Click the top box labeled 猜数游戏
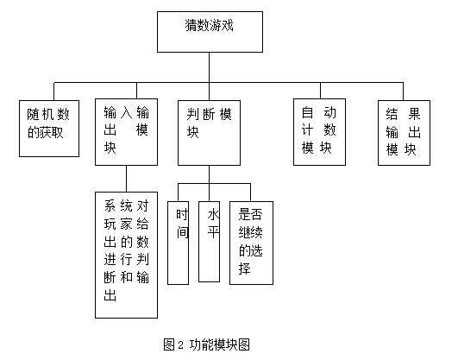209,30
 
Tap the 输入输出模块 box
125,130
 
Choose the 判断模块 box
209,130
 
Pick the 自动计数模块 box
318,130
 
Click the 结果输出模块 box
402,130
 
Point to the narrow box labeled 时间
179,234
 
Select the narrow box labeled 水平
210,232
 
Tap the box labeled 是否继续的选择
251,234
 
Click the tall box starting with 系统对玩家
126,255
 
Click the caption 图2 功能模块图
206,344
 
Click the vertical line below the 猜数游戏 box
209,66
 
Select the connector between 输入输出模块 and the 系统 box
126,178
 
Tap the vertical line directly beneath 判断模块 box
209,174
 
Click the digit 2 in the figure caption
179,344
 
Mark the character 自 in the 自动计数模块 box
307,112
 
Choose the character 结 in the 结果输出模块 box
391,112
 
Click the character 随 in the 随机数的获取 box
34,114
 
